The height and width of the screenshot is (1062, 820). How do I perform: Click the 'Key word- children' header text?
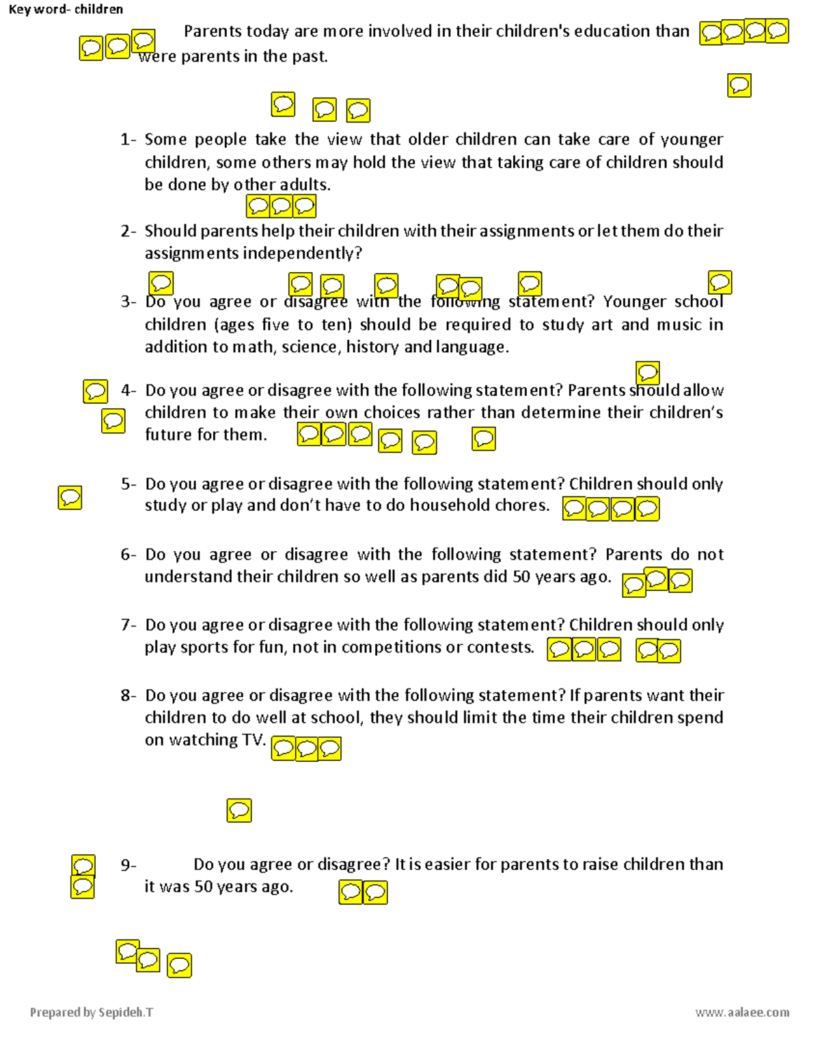coord(66,10)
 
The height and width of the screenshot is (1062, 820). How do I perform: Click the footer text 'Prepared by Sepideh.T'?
coord(92,1012)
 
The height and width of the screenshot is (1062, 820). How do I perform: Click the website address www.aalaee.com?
coord(742,1012)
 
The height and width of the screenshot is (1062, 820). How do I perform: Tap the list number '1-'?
coord(128,140)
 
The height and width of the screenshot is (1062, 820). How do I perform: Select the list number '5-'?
coord(128,484)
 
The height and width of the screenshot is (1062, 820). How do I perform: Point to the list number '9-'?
coord(128,865)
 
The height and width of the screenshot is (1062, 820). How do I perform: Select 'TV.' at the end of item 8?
coord(254,740)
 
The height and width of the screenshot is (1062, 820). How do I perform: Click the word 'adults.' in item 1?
coord(305,185)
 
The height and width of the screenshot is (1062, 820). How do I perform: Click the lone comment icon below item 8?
coord(239,810)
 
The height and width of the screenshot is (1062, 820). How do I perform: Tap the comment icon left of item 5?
coord(70,498)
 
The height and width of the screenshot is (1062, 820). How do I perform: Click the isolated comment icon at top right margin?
coord(739,85)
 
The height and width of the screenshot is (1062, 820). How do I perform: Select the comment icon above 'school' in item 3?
coord(720,282)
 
